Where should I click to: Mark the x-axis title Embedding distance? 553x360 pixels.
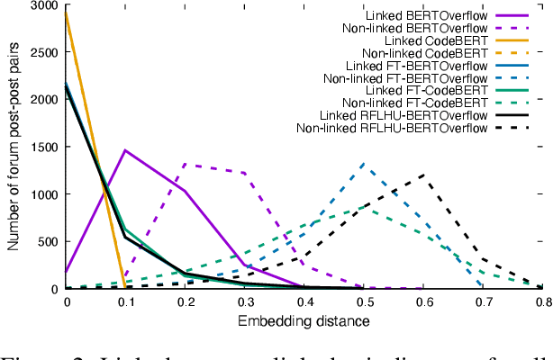point(304,321)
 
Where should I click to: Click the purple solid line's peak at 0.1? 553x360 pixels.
point(125,150)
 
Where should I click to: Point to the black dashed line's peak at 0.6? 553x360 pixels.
point(422,175)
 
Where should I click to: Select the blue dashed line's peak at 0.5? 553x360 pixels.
point(363,164)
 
